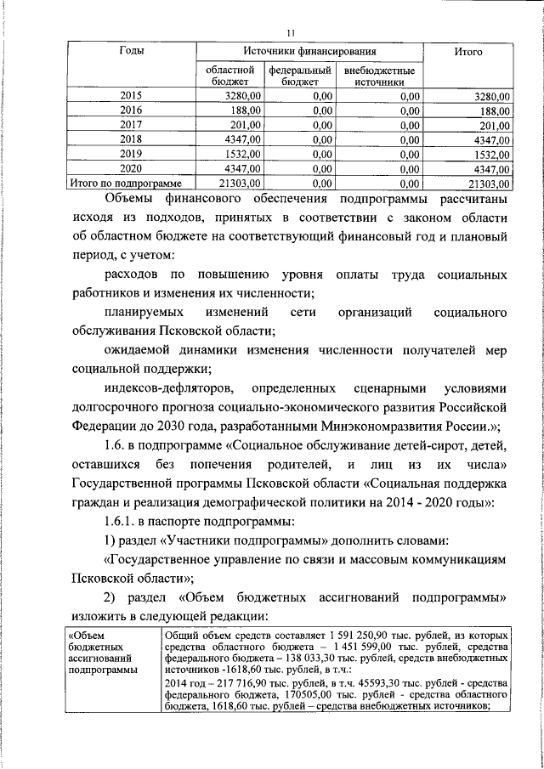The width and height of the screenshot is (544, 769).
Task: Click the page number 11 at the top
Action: pos(291,33)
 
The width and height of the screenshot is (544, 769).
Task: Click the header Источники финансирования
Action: pos(309,52)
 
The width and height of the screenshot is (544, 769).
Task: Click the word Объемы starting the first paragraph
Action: pos(128,201)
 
